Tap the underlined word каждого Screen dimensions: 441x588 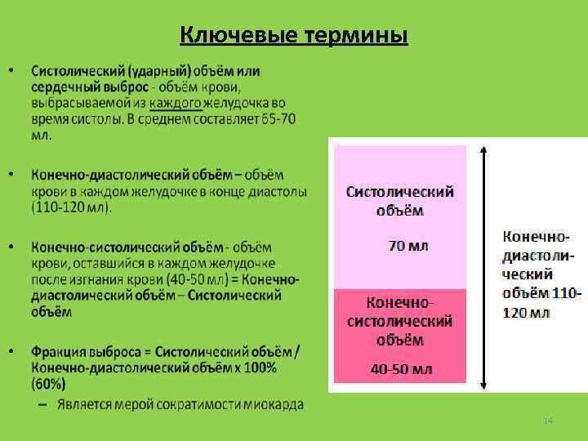coord(175,103)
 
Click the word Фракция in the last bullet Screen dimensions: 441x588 coord(62,351)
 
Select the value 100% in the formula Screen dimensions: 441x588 coord(258,367)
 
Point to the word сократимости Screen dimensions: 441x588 coord(200,404)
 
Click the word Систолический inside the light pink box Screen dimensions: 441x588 coord(400,193)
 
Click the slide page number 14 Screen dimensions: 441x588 coord(548,421)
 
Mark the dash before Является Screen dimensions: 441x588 coord(41,404)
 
